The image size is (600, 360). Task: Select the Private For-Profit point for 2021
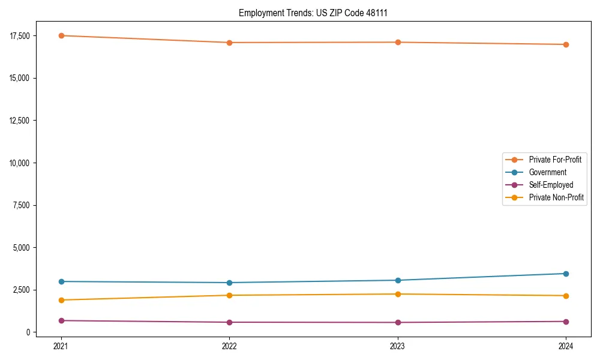pos(61,35)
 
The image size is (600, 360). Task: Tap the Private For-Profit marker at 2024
pos(566,44)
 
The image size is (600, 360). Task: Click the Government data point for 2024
pos(566,274)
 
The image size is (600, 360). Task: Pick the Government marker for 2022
pos(229,283)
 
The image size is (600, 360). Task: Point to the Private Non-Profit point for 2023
pos(398,294)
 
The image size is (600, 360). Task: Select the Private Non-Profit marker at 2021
pos(61,300)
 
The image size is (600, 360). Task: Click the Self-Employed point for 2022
pos(229,322)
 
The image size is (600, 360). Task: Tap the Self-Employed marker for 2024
pos(566,322)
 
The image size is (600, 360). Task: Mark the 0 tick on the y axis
pos(26,332)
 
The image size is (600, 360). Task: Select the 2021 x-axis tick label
pos(61,346)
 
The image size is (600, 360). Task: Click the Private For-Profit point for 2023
pos(398,42)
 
